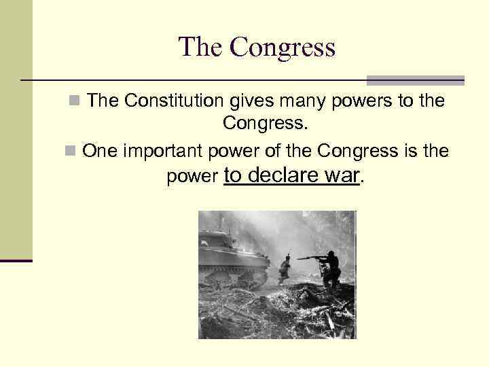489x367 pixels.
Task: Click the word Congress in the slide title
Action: click(x=283, y=47)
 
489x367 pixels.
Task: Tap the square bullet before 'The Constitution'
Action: click(x=74, y=102)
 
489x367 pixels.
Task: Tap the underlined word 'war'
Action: click(x=342, y=176)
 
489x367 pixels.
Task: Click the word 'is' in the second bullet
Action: click(x=394, y=151)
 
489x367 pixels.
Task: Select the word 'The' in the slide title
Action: click(x=200, y=47)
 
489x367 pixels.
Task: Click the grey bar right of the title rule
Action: click(x=415, y=80)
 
